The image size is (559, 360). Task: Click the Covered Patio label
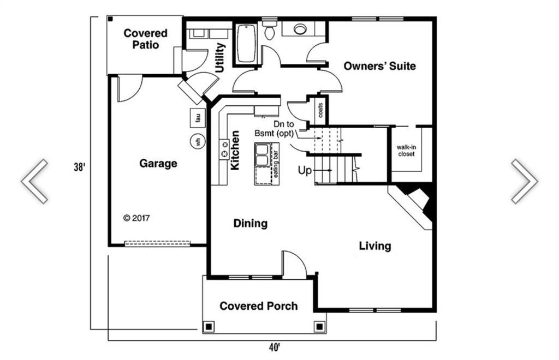pos(145,39)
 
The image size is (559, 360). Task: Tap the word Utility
pos(219,58)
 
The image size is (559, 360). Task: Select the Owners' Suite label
pos(379,66)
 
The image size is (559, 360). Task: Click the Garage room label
pos(158,163)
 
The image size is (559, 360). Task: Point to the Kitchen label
pos(235,151)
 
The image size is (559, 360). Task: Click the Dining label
pos(251,223)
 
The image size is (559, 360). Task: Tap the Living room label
pos(374,246)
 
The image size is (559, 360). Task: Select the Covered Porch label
pos(258,306)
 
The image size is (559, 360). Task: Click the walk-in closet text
pos(406,151)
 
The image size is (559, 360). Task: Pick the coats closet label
pos(320,111)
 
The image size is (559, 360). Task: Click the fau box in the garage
pos(198,116)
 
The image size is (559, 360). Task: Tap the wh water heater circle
pos(198,141)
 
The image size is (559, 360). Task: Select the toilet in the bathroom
pos(269,31)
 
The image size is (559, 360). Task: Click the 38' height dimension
pos(80,167)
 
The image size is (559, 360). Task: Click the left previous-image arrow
pos(34,182)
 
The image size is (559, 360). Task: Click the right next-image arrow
pos(524,182)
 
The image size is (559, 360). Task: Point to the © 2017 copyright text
pos(136,218)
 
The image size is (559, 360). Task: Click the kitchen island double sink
pos(261,154)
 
